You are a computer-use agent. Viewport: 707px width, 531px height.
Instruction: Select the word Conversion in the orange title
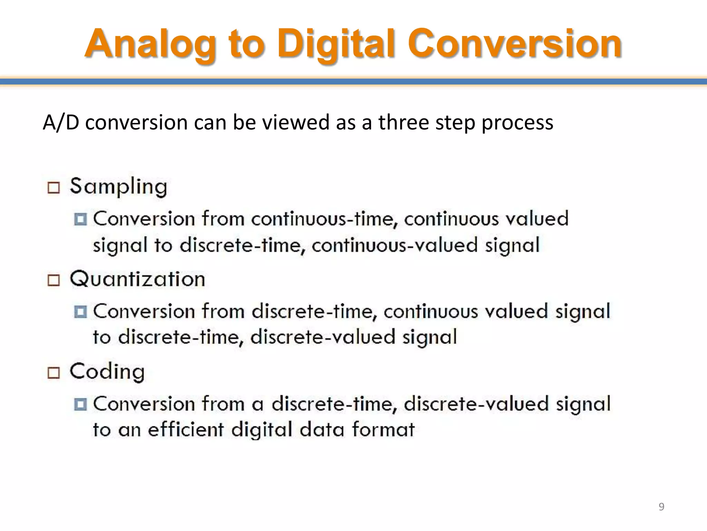click(514, 44)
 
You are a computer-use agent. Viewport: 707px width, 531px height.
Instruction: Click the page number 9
click(661, 506)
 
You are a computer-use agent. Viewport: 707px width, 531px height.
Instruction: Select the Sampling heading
click(118, 187)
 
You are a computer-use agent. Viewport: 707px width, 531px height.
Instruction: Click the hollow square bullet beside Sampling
click(54, 188)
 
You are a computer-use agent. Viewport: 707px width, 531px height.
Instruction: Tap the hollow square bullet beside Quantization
click(54, 280)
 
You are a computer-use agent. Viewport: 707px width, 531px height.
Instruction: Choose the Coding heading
click(107, 372)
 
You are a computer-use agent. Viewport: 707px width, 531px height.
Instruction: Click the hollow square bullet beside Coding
click(54, 373)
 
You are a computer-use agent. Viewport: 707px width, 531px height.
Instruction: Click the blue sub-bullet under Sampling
click(80, 219)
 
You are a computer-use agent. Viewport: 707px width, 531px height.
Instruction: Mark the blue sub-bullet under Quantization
click(80, 311)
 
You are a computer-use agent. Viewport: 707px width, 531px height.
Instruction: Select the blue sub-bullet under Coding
click(80, 404)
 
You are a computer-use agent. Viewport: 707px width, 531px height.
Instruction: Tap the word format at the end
click(383, 430)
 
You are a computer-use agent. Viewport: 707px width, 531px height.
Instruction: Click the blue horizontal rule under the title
click(353, 82)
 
